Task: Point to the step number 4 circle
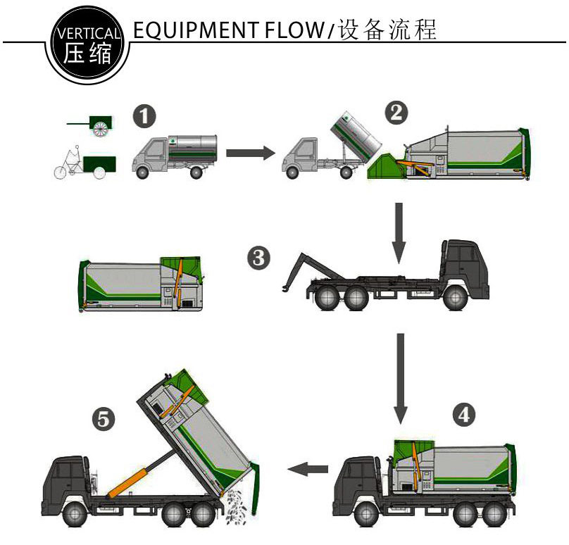pos(463,415)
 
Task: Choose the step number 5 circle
pos(104,420)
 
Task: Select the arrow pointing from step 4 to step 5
pos(310,468)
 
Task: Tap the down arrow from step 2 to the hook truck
pos(399,232)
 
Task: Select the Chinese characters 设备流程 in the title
pos(388,30)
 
